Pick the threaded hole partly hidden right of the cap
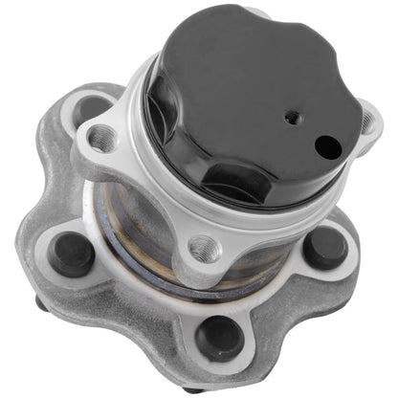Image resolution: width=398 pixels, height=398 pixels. click(x=366, y=122)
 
